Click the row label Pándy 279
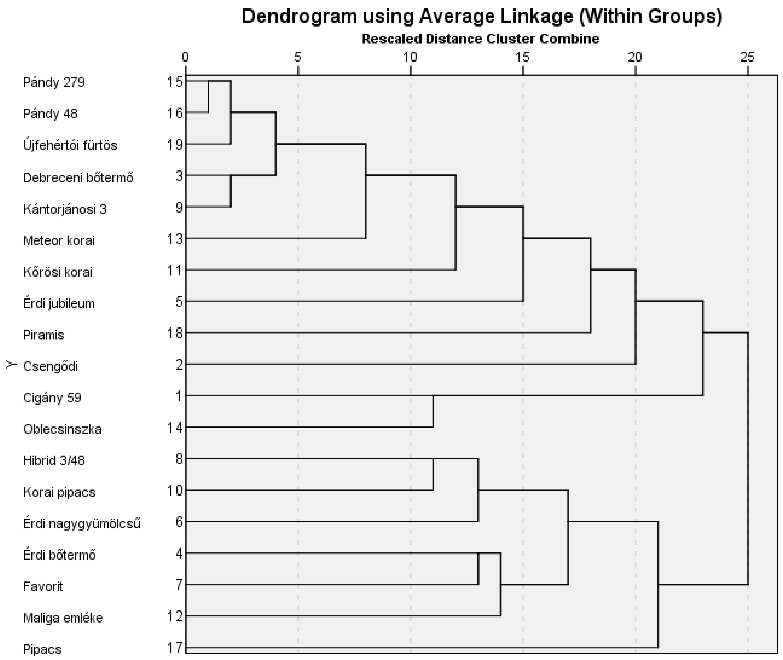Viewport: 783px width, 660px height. point(54,82)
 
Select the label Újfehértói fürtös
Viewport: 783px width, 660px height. point(70,145)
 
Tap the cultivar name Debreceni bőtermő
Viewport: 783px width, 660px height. point(78,177)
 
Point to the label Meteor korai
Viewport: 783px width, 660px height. point(59,241)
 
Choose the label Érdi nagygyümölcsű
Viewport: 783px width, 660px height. point(82,523)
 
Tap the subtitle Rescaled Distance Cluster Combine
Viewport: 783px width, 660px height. point(480,39)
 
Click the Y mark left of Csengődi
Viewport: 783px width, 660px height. point(11,364)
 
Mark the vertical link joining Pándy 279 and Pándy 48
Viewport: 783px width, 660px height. point(208,96)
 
